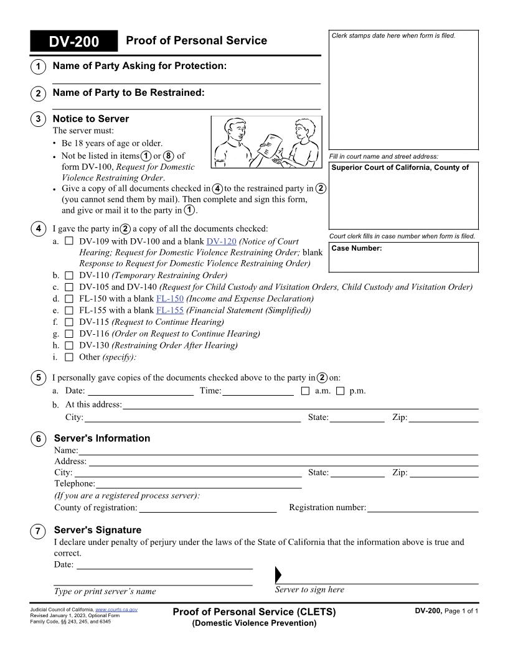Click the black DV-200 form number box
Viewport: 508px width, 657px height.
click(73, 42)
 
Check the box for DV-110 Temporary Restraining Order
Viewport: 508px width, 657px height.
click(69, 275)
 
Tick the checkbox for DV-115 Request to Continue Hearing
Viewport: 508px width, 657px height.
click(69, 322)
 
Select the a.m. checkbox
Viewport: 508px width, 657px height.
click(305, 391)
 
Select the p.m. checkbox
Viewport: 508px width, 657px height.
click(340, 391)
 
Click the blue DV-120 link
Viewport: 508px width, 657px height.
click(221, 241)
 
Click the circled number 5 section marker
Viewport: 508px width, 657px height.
click(38, 378)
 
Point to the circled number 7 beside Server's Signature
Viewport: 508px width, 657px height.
click(38, 531)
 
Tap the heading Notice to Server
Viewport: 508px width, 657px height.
click(91, 119)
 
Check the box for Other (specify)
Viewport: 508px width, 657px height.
click(69, 357)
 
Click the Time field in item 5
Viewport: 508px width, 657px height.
click(258, 391)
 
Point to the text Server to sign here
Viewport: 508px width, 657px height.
click(309, 590)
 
